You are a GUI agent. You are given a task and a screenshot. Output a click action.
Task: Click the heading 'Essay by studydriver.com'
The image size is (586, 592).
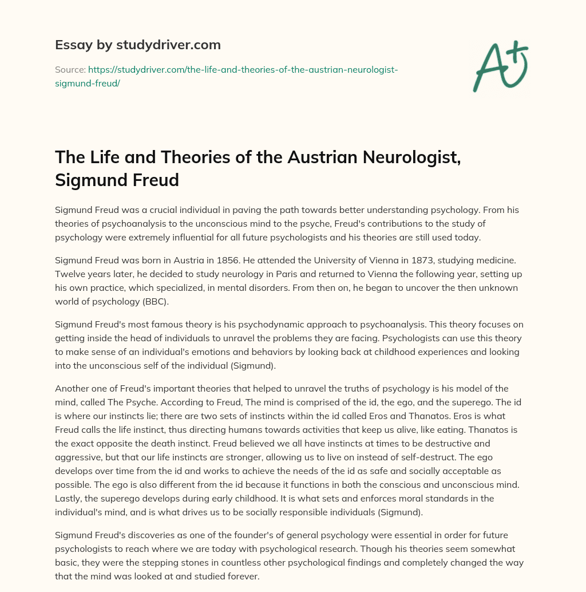(x=138, y=45)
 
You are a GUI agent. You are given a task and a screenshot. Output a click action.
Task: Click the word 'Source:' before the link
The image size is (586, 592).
(x=70, y=69)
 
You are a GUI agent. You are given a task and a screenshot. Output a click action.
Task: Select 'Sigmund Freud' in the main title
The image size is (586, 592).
(x=117, y=180)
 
